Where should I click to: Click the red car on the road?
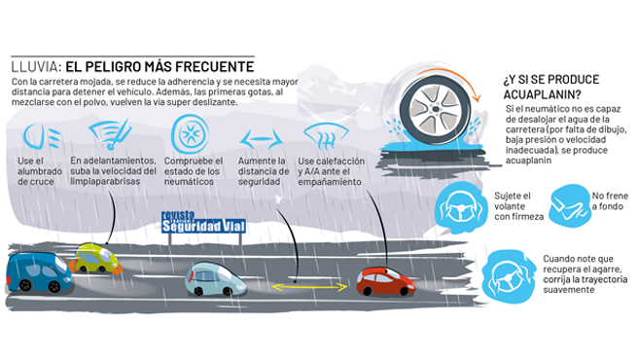click(385, 281)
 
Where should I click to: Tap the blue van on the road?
click(39, 271)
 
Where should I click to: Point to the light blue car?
click(215, 279)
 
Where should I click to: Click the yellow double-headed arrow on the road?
click(308, 287)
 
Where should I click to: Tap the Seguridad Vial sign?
click(205, 225)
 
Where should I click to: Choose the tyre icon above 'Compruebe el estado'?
click(190, 132)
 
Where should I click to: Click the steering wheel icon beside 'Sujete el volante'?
click(460, 205)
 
